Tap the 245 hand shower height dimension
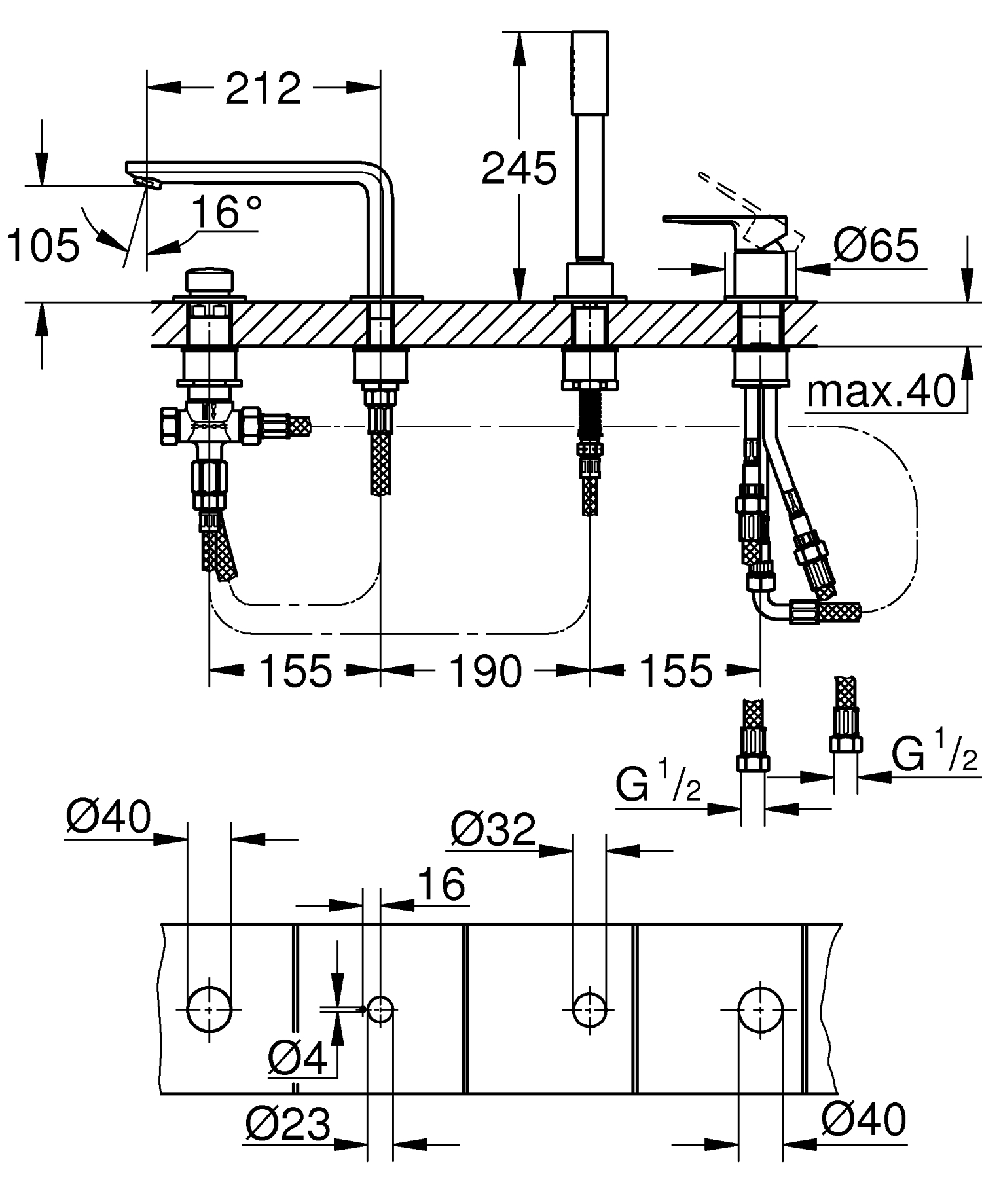point(518,170)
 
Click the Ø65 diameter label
point(876,245)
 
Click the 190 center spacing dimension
point(485,670)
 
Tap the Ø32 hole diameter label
point(493,830)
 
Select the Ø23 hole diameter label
point(288,1125)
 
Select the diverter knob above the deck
point(208,281)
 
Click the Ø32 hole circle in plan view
point(589,1009)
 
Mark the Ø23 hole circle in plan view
point(380,1009)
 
